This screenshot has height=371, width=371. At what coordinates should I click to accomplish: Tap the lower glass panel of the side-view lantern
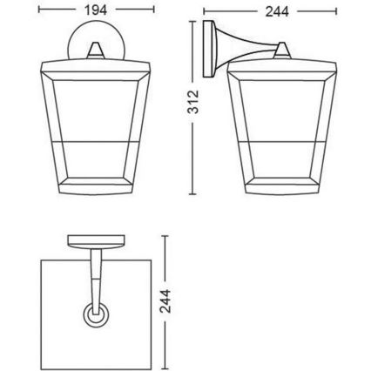[281, 165]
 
